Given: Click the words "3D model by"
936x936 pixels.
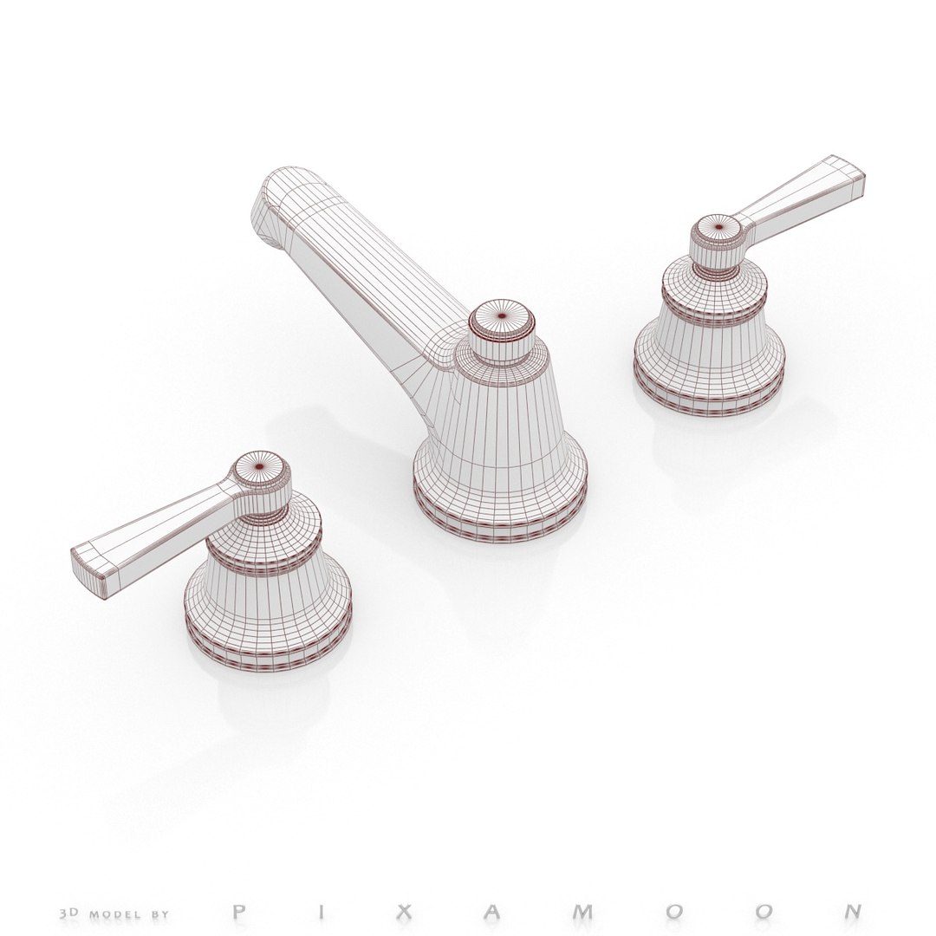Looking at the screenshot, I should (114, 913).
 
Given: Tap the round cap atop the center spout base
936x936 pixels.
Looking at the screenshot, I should (502, 318).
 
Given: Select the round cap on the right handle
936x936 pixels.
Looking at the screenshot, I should (717, 228).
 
